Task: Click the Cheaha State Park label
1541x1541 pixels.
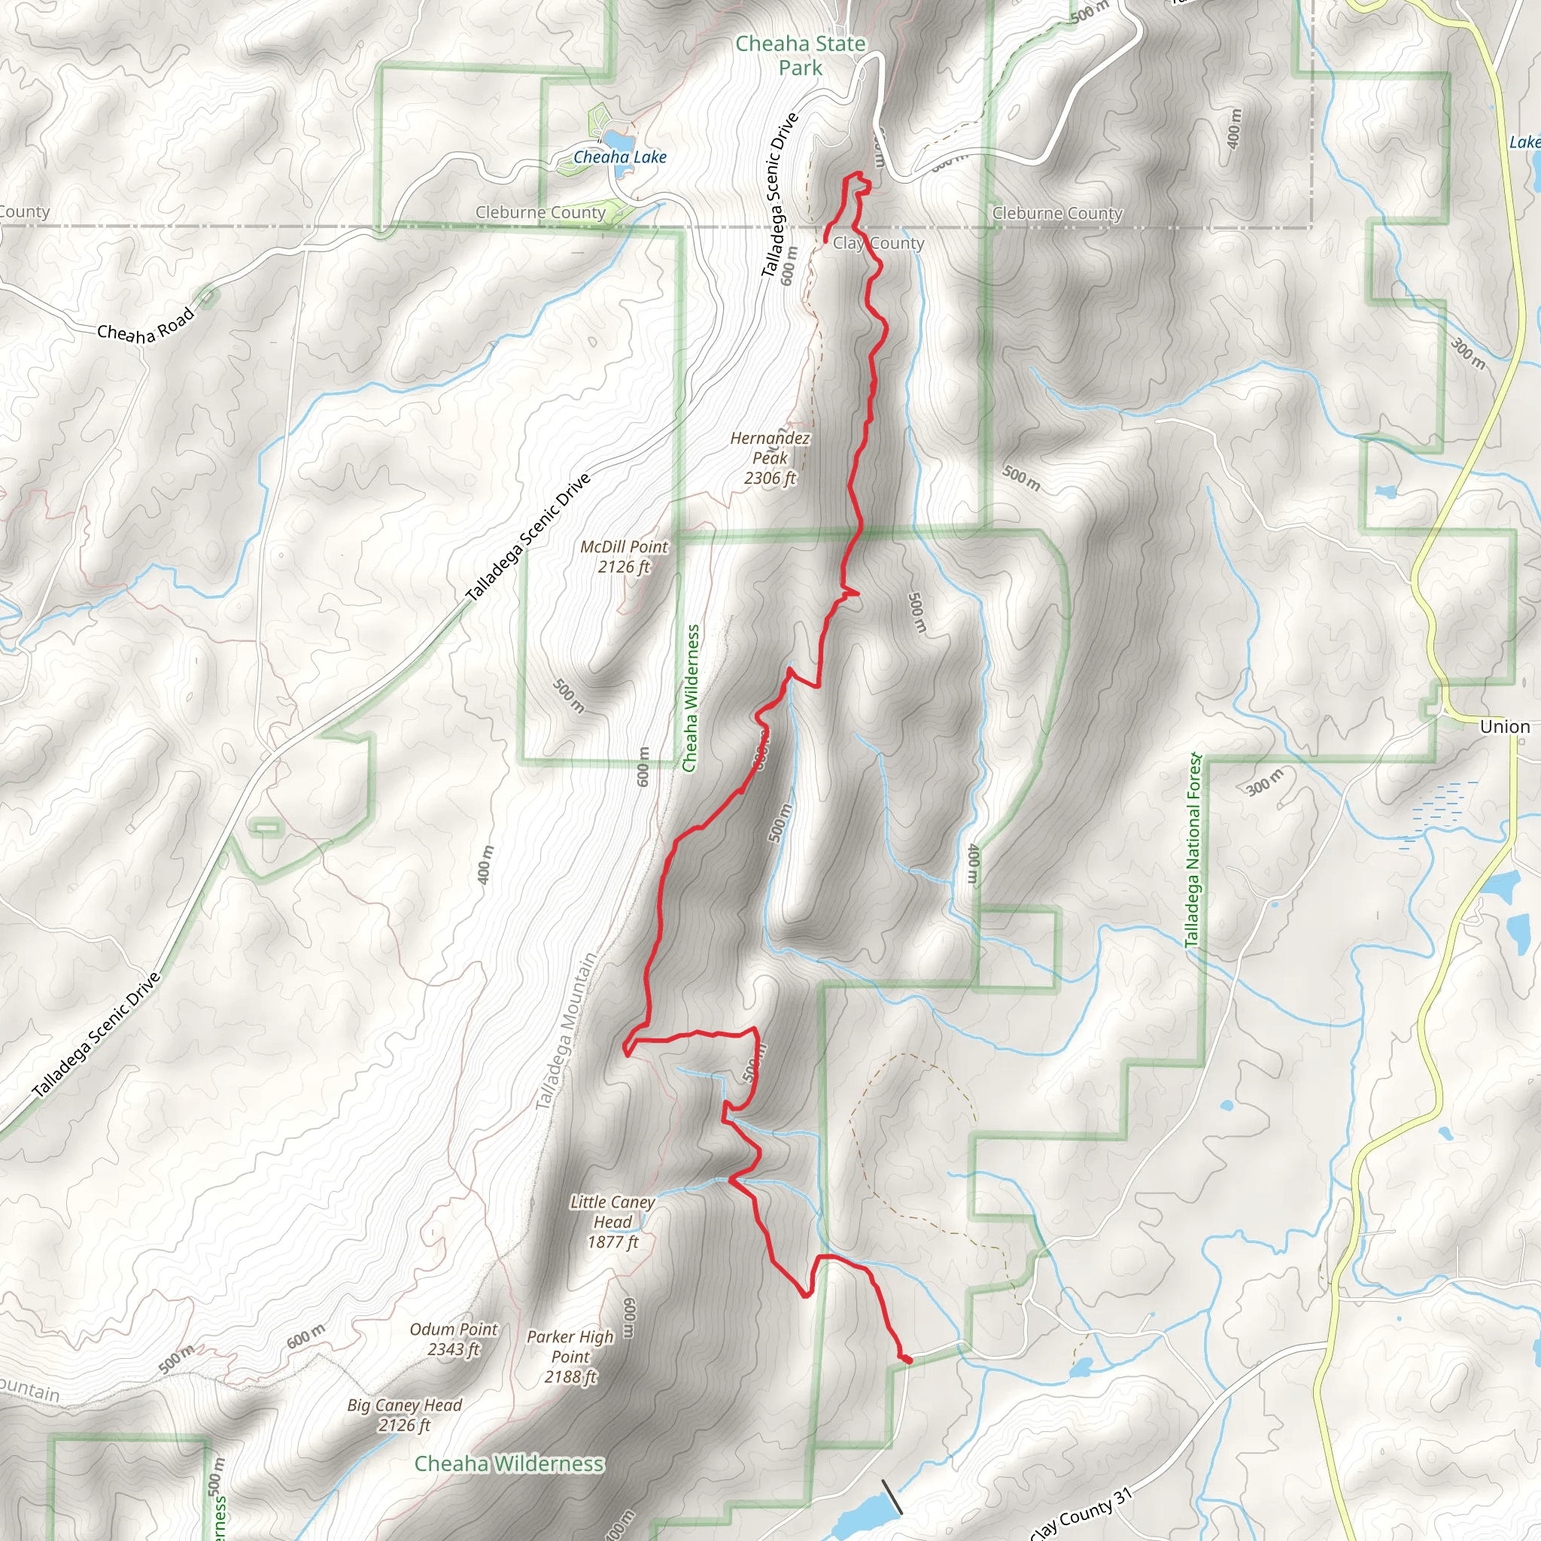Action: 800,56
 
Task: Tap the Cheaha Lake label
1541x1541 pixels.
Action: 620,157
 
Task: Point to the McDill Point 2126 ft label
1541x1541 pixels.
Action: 624,557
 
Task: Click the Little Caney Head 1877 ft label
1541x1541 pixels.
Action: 612,1222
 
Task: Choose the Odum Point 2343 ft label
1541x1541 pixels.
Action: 453,1339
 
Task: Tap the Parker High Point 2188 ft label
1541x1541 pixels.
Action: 570,1357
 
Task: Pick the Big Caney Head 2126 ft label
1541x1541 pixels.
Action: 404,1415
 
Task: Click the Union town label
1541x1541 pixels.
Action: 1504,727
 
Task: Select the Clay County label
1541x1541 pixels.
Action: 878,243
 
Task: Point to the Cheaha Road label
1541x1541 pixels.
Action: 146,325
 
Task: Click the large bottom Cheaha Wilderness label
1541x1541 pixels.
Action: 509,1463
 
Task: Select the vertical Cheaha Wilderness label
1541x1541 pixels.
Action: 691,699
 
